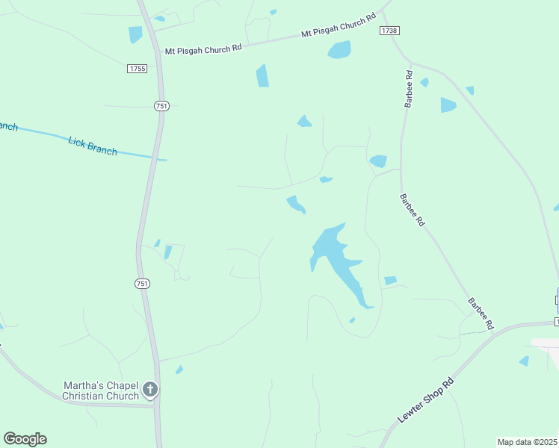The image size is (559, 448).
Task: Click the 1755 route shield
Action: (137, 68)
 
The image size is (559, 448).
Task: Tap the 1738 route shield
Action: (389, 30)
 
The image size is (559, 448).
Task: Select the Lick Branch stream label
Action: (93, 144)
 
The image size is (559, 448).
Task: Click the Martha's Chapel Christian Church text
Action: (101, 390)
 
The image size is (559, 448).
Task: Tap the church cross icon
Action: (150, 389)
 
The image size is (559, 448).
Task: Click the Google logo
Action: (25, 439)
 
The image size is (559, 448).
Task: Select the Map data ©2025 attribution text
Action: (527, 442)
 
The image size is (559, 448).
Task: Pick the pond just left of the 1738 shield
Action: (339, 50)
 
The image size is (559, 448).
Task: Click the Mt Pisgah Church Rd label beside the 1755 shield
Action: (204, 49)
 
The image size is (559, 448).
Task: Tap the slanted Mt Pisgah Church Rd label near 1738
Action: (337, 28)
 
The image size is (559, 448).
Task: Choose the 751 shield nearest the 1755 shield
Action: (161, 106)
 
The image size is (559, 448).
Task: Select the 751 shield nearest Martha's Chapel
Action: (142, 283)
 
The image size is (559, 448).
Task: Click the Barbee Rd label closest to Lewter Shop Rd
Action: (481, 314)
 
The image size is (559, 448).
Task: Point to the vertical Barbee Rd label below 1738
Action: (409, 89)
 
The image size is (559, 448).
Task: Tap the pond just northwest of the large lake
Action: (295, 204)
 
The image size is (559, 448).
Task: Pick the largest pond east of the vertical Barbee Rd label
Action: (448, 105)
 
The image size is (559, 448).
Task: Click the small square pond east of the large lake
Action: (390, 281)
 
